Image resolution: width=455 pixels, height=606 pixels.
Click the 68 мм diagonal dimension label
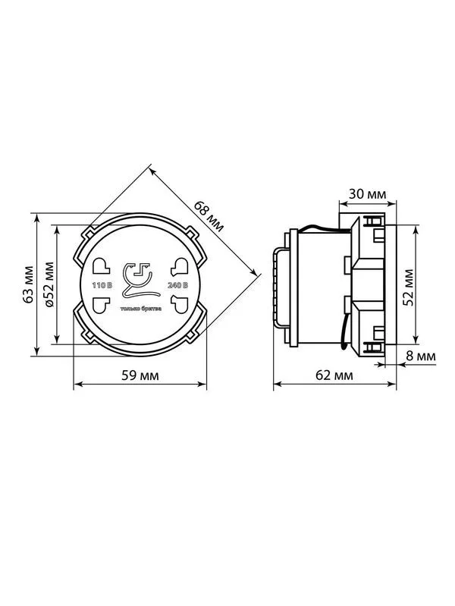pyautogui.click(x=209, y=216)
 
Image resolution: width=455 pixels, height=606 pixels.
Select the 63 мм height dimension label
pyautogui.click(x=28, y=284)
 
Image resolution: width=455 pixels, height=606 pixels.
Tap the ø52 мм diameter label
pyautogui.click(x=49, y=284)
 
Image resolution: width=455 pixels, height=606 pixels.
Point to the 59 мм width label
pyautogui.click(x=140, y=375)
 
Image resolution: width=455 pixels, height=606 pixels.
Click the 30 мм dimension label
pyautogui.click(x=367, y=193)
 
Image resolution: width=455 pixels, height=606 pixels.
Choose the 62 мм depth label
pyautogui.click(x=334, y=375)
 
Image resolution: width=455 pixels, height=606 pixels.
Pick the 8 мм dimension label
pyautogui.click(x=421, y=356)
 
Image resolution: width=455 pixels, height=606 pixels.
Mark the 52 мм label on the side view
pyautogui.click(x=408, y=287)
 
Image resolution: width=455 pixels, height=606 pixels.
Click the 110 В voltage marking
pyautogui.click(x=102, y=286)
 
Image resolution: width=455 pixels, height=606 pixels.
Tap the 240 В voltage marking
pyautogui.click(x=177, y=286)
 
